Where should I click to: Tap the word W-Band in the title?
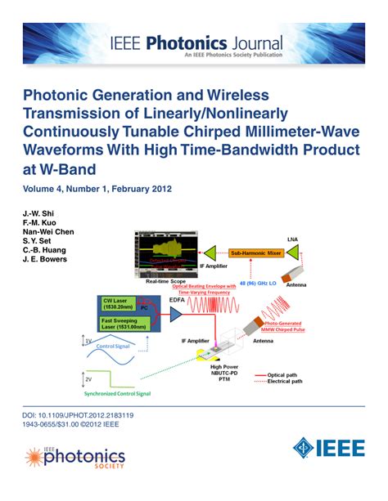click(66, 168)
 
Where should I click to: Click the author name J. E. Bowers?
click(44, 261)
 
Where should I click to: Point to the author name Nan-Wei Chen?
click(48, 231)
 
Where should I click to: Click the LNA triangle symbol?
click(315, 253)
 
